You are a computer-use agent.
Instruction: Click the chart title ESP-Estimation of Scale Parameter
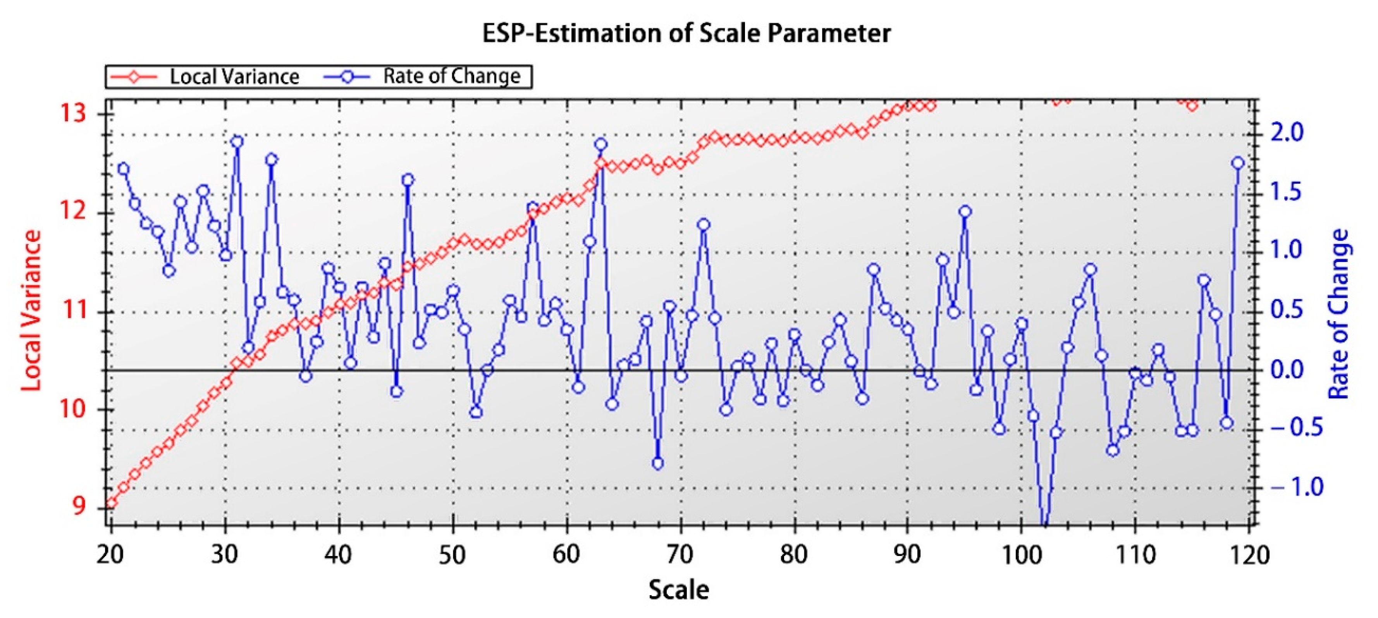click(686, 33)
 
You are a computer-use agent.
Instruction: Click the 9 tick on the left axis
click(78, 506)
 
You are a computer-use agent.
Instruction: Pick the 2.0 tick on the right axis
click(1287, 132)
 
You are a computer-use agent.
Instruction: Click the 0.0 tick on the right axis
click(1287, 369)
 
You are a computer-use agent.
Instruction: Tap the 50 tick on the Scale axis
click(452, 555)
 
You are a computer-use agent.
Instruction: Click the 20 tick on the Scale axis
click(111, 555)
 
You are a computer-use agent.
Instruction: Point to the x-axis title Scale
click(679, 590)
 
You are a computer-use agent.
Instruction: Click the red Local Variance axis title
click(31, 310)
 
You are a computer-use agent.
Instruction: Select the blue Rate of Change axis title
click(1338, 314)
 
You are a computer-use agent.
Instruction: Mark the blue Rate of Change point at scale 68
click(658, 463)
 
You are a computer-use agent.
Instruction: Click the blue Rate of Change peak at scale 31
click(237, 142)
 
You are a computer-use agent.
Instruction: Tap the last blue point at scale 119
click(1237, 163)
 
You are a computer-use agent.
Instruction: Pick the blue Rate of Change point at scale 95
click(965, 211)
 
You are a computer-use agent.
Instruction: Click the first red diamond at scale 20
click(111, 503)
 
